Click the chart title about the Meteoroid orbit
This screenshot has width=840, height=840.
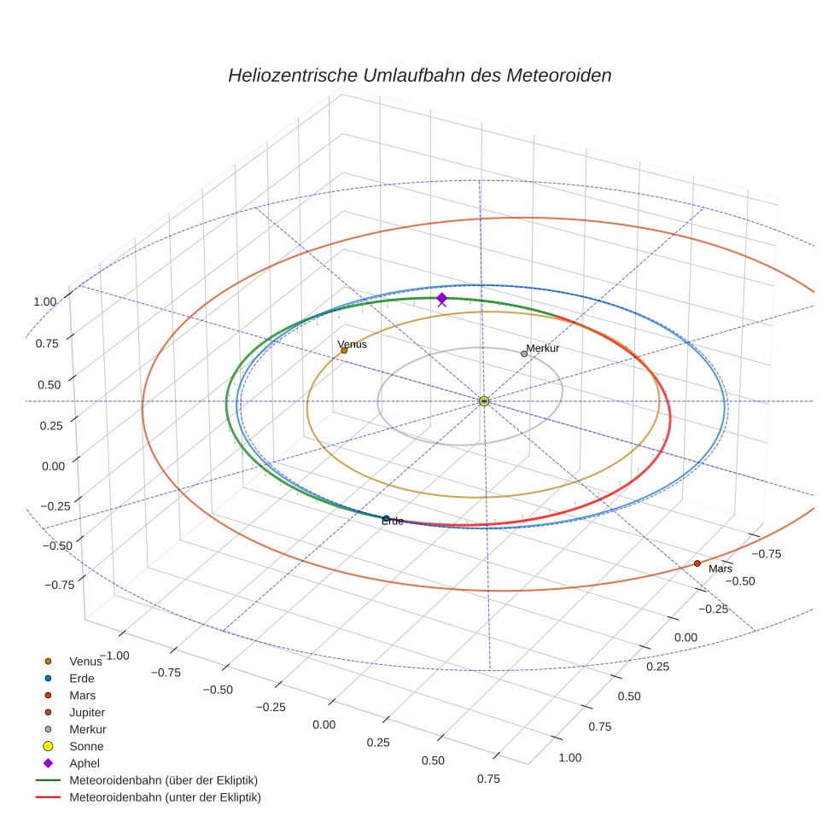coord(419,75)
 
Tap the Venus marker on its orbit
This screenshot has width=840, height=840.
coord(344,350)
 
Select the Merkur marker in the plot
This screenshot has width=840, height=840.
coord(524,353)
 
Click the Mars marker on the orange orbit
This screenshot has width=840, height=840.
coord(697,563)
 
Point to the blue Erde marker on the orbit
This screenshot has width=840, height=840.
coord(386,518)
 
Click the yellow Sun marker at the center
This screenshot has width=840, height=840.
coord(484,401)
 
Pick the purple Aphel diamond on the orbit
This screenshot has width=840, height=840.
coord(441,297)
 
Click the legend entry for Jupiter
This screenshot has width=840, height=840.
coord(87,712)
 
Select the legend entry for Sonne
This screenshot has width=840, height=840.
coord(86,746)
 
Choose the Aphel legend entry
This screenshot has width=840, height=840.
coord(85,763)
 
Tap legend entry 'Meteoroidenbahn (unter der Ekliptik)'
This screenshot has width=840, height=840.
coord(165,797)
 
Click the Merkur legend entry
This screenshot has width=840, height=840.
coord(87,729)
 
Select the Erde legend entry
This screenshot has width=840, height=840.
coord(82,678)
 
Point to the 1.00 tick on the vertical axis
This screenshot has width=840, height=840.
coord(44,301)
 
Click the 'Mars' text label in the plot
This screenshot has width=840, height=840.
coord(720,569)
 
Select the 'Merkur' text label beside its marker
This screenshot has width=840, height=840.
coord(543,348)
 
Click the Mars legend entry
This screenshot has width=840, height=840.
coord(82,695)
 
